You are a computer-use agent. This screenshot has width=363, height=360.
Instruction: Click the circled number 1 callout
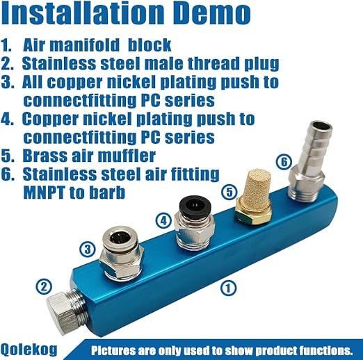[228, 288]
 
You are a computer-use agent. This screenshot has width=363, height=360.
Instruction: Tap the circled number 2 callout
[44, 286]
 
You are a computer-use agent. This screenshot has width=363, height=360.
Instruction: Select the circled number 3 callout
[88, 249]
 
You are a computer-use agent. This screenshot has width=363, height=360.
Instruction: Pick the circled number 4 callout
[163, 220]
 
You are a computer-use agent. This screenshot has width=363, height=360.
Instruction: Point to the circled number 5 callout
[229, 192]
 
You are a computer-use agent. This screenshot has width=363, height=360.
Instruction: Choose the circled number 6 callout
[284, 161]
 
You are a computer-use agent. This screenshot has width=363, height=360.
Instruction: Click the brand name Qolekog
[29, 349]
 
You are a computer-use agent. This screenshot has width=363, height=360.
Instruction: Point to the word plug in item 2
[261, 64]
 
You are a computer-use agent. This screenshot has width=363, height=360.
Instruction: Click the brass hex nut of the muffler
[253, 213]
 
